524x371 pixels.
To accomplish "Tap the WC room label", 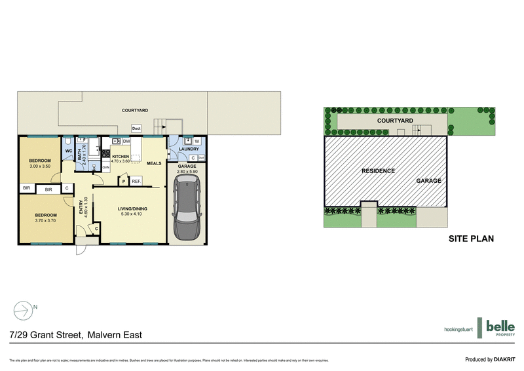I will tap(68, 151).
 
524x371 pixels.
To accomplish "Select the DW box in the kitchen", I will tap(126, 142).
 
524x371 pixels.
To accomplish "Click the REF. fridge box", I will tap(136, 181).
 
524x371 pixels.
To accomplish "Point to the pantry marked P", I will tap(122, 181).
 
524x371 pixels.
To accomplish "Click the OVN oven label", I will tap(105, 167).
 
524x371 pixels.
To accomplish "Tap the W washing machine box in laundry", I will tap(196, 141).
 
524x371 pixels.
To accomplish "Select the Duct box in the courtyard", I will tap(137, 128).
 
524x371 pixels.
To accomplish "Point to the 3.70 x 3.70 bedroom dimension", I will tap(46, 222).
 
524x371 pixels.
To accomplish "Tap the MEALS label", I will tap(154, 163).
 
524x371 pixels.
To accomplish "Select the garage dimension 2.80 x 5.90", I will tap(187, 172).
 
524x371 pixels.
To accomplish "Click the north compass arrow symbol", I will tap(24, 309).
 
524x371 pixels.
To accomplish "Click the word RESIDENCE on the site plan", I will tap(379, 171).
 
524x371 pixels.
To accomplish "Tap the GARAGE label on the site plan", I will tap(428, 181).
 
